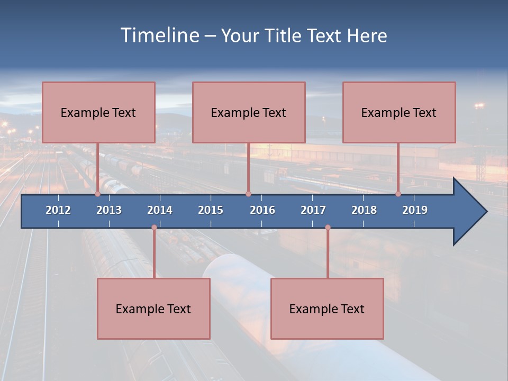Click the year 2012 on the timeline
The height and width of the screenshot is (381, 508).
(58, 210)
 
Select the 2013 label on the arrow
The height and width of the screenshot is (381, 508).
(109, 210)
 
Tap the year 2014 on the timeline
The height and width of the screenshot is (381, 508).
(160, 210)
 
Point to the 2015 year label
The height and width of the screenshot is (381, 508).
(211, 210)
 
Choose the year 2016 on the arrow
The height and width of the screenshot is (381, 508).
(262, 210)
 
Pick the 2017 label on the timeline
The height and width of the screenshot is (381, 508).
(313, 210)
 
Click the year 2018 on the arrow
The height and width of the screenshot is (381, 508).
(364, 210)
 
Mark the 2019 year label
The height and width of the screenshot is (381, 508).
(415, 210)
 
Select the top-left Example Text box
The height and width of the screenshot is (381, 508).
(98, 112)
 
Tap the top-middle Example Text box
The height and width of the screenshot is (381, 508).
(249, 112)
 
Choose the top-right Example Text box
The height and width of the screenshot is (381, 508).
(399, 112)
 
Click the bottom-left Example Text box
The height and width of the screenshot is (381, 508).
(153, 309)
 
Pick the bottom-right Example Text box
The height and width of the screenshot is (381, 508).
(327, 309)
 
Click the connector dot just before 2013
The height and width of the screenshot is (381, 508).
(97, 194)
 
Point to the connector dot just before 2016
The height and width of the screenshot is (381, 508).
(248, 194)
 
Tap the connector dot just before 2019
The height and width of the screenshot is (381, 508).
(398, 194)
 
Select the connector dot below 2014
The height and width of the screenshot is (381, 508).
(154, 228)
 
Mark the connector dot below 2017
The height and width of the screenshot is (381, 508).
(328, 228)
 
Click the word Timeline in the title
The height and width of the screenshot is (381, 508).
(159, 35)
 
